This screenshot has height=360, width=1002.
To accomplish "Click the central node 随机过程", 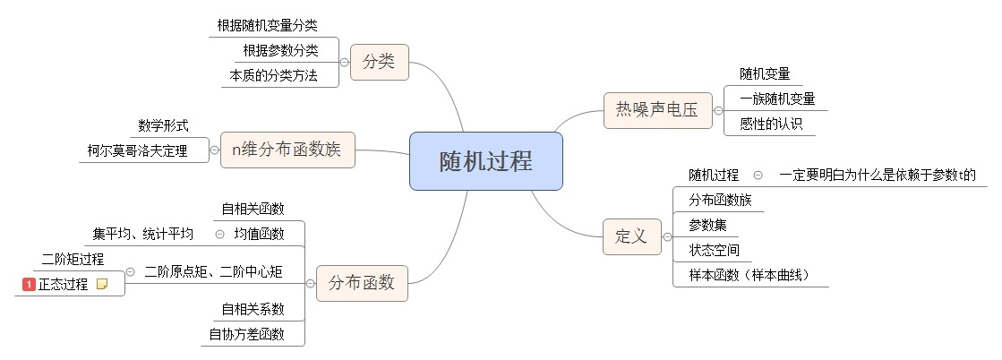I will click(x=485, y=161).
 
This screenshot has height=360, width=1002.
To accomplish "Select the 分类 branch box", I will click(x=379, y=63).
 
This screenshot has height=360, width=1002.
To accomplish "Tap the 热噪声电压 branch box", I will click(x=656, y=110).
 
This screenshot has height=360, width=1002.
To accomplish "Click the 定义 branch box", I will click(x=630, y=236).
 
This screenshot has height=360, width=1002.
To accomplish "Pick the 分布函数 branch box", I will click(x=362, y=283).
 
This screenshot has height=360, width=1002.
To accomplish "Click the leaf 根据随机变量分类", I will click(x=267, y=25).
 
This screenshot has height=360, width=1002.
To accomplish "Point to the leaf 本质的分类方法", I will click(x=274, y=75).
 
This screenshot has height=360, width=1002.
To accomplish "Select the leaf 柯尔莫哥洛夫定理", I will click(x=138, y=150).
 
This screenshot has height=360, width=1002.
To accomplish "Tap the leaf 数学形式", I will click(x=163, y=125).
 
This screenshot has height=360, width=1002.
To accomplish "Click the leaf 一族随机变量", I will click(x=777, y=99).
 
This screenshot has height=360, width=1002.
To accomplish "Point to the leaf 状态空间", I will click(x=714, y=250).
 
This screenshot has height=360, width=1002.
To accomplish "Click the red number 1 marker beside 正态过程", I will click(x=29, y=284).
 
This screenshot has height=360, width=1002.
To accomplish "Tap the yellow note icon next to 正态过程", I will click(x=102, y=284).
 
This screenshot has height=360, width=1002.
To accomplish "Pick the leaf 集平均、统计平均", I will click(x=142, y=235).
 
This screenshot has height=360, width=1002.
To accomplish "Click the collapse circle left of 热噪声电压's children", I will click(x=717, y=111).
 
